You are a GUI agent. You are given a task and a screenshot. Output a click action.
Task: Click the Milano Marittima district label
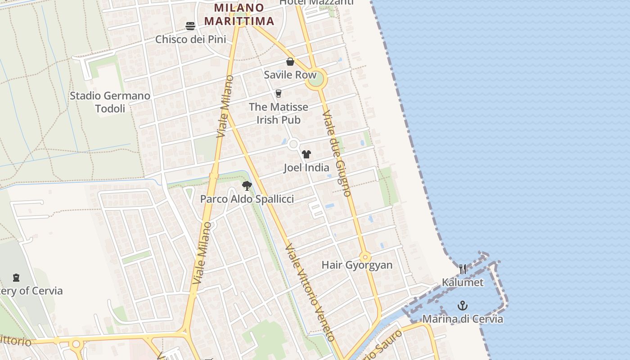click(239, 14)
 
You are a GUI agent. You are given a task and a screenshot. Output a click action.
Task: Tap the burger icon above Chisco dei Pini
click(190, 26)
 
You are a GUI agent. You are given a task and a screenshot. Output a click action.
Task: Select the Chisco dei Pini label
click(190, 39)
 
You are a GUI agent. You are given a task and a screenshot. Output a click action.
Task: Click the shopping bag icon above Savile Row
click(290, 62)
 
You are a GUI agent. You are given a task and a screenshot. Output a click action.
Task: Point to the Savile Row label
click(290, 75)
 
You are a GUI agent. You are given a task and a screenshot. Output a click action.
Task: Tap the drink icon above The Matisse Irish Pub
click(279, 94)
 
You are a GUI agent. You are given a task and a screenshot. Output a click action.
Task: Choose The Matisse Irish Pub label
click(279, 113)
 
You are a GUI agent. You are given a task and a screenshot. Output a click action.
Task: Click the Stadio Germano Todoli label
click(110, 102)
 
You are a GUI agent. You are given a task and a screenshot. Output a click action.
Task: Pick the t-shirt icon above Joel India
click(306, 154)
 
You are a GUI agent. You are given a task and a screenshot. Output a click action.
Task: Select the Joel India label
click(306, 168)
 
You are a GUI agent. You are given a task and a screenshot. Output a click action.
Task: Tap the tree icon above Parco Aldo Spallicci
click(247, 185)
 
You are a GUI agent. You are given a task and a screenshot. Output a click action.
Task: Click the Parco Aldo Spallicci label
click(247, 199)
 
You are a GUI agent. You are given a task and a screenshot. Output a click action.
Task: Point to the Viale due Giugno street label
click(337, 153)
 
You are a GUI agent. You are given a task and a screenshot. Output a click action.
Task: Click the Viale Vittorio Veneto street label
click(310, 292)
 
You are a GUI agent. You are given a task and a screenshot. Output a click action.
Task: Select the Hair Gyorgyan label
click(357, 265)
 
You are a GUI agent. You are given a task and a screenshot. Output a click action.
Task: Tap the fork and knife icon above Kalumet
click(463, 269)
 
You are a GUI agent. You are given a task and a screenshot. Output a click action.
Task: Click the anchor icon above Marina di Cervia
click(463, 306)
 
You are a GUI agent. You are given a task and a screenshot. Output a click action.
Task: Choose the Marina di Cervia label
click(463, 319)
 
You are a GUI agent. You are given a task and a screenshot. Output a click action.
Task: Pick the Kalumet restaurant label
click(463, 283)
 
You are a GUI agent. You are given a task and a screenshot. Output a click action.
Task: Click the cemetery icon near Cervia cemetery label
click(16, 278)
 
